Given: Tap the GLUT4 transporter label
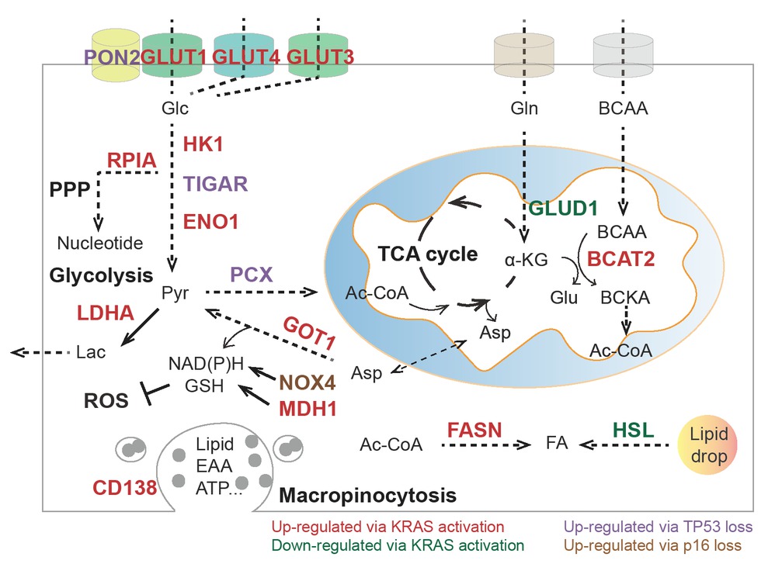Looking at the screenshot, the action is [245, 57].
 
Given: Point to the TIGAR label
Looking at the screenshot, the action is [216, 184].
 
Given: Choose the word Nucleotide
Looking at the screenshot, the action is [101, 244].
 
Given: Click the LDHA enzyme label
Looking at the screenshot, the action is [106, 313].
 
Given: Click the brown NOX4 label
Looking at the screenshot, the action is [307, 382].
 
